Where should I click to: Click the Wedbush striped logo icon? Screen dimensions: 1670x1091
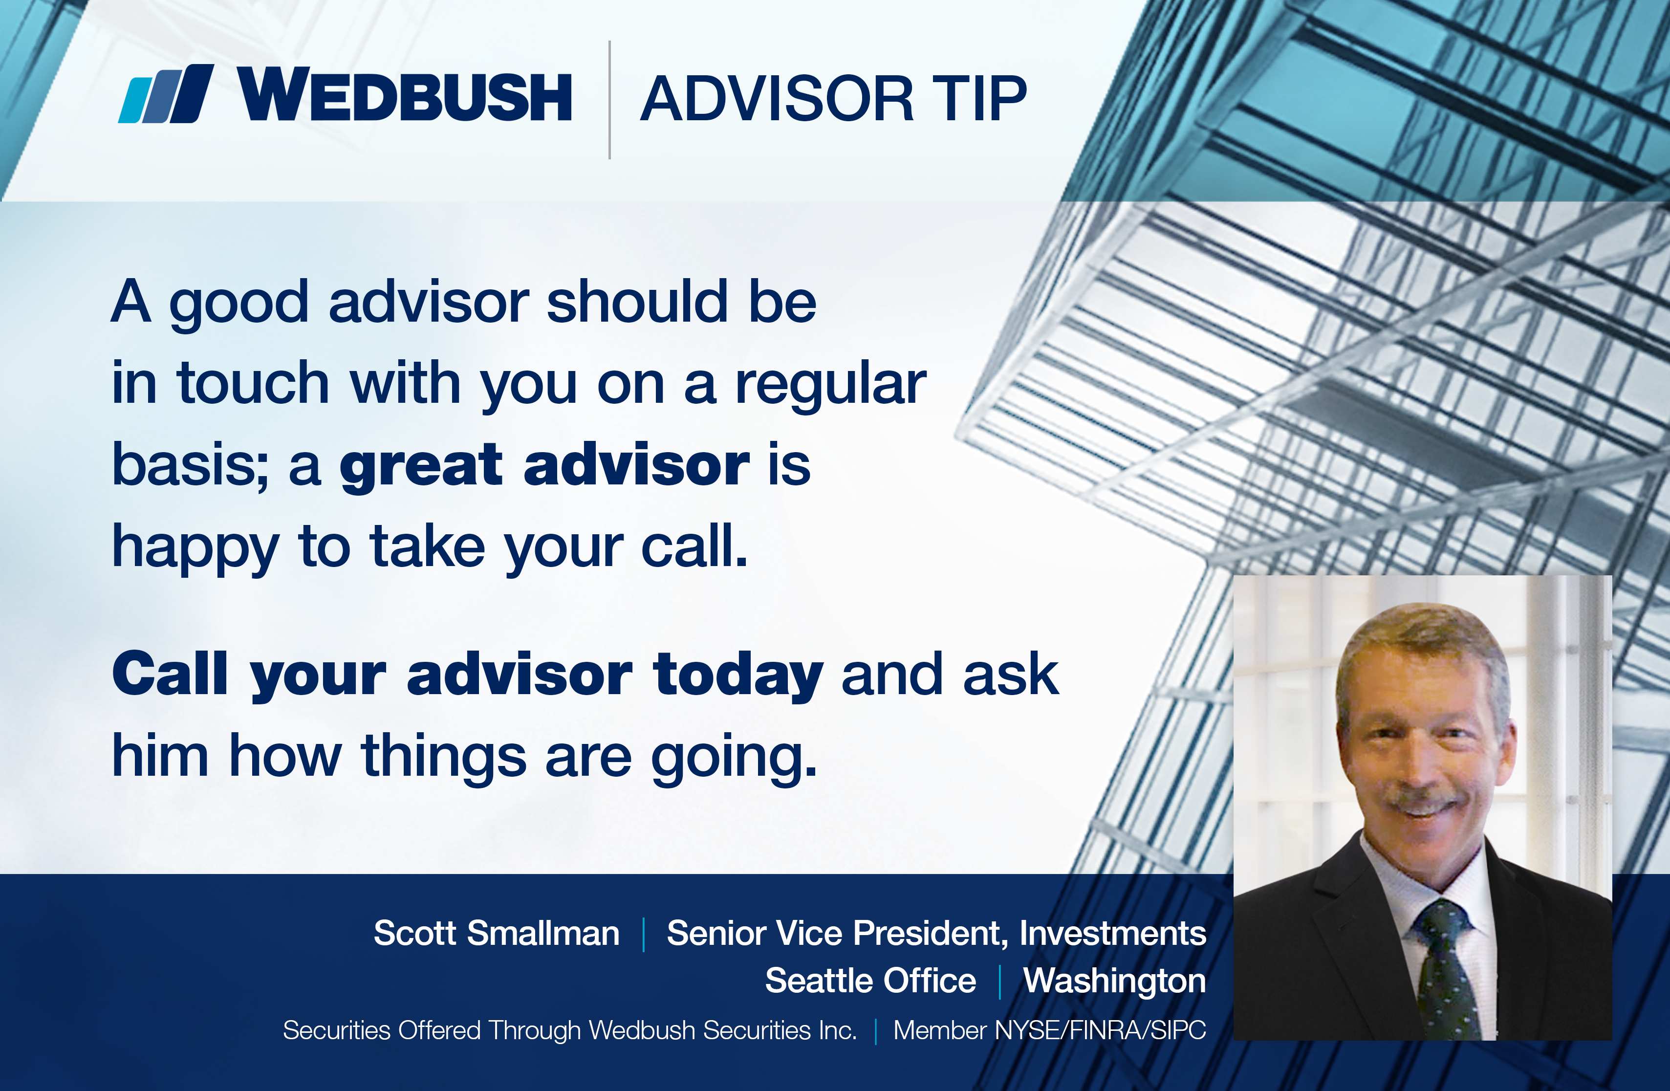point(166,94)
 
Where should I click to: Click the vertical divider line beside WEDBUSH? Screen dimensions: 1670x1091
point(609,100)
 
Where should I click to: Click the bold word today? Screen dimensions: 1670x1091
point(737,675)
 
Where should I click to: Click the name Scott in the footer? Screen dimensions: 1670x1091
point(415,933)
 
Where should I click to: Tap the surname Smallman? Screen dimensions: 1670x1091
point(543,933)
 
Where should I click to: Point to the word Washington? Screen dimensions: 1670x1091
point(1114,982)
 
